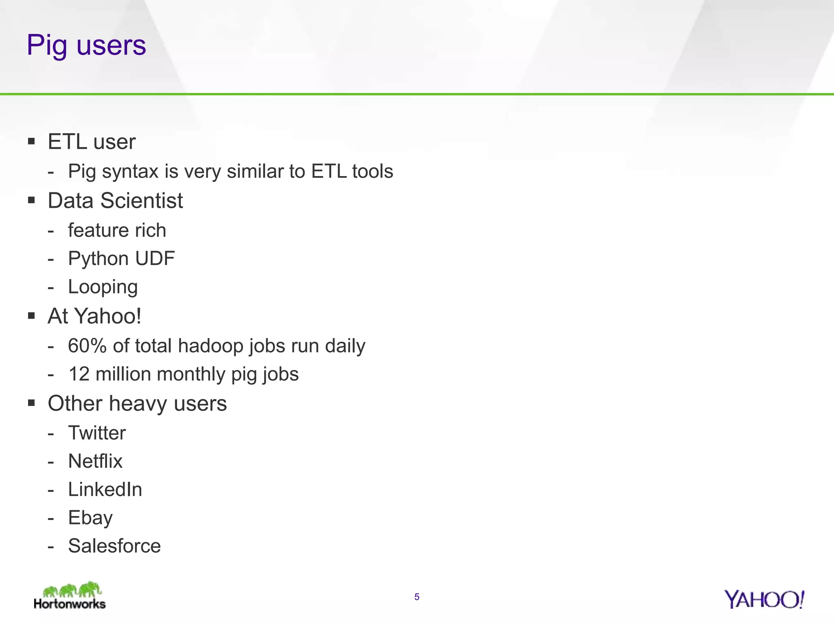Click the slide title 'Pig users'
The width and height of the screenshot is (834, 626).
(x=86, y=45)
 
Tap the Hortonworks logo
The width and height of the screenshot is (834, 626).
(x=70, y=596)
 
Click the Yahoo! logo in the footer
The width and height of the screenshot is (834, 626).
(x=764, y=600)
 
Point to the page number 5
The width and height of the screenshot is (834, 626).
(x=417, y=597)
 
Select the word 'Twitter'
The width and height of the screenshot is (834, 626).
(x=97, y=433)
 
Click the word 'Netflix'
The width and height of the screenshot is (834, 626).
(x=95, y=461)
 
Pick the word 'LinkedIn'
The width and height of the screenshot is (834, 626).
(x=105, y=489)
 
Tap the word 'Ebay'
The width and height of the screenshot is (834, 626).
(x=90, y=518)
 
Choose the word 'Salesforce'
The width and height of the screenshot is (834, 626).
(x=114, y=546)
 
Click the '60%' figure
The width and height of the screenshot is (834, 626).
(x=87, y=346)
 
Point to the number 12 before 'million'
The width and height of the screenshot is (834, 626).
(x=79, y=374)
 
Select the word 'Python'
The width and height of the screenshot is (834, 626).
(x=98, y=259)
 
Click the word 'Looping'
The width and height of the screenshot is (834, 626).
(x=103, y=287)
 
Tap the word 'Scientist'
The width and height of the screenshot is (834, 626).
(x=142, y=201)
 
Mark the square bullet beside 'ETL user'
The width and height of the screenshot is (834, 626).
(x=31, y=142)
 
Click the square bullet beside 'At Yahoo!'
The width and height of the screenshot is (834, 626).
(x=31, y=316)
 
